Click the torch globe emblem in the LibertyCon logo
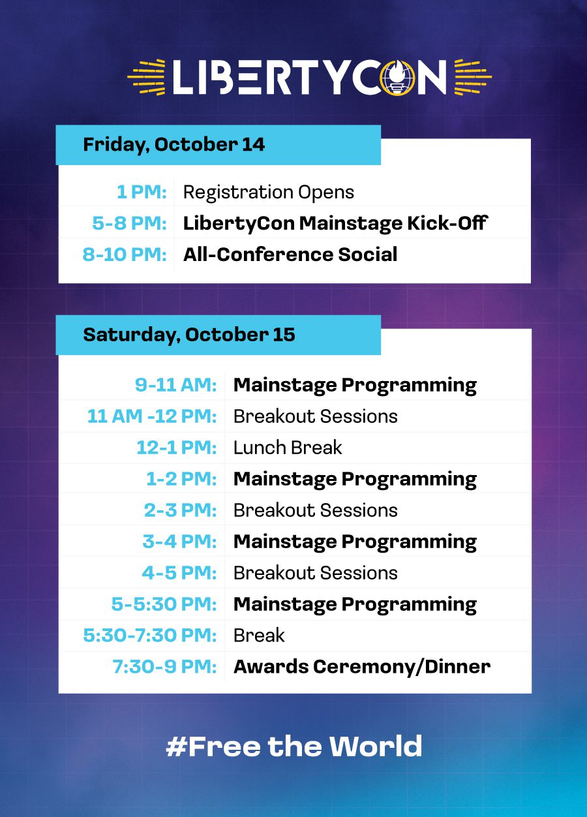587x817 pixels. (397, 77)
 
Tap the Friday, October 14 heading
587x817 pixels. (174, 145)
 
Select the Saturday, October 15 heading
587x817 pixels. (189, 335)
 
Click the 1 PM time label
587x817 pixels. (142, 192)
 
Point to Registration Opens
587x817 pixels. (268, 193)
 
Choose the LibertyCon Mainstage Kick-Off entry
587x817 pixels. (335, 223)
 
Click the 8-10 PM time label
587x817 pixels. (125, 254)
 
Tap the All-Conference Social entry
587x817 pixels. (290, 254)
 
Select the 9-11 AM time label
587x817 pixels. (175, 385)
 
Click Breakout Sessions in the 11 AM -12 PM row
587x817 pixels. (316, 416)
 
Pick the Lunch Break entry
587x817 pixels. (288, 448)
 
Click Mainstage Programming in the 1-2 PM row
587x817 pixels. (355, 480)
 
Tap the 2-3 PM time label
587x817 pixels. (181, 510)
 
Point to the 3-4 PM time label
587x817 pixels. (180, 542)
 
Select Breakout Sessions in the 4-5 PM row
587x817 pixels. (316, 573)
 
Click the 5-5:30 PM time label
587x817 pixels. (164, 604)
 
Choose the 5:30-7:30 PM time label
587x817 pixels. (150, 636)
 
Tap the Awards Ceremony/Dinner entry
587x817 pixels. (362, 667)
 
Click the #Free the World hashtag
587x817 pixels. (294, 747)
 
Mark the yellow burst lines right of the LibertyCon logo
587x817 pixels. (474, 77)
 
